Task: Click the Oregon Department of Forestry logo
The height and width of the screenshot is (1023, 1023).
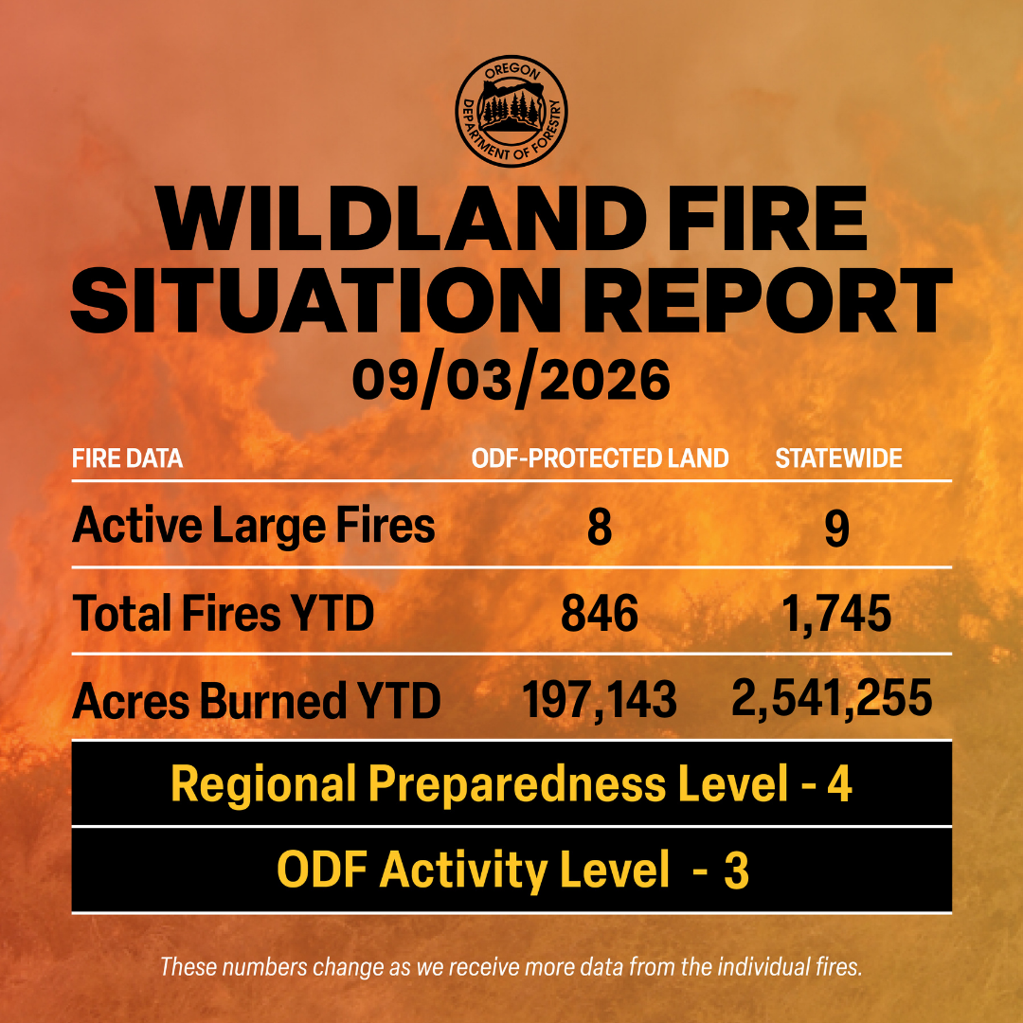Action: tap(511, 111)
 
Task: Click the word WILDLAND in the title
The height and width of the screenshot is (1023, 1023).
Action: tap(401, 219)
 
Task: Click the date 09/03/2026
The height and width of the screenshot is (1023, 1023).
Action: tap(511, 381)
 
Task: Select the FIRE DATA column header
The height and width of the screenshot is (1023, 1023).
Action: tap(127, 458)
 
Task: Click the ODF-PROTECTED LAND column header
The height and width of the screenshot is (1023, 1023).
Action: tap(600, 458)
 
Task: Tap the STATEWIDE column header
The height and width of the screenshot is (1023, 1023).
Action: tap(838, 458)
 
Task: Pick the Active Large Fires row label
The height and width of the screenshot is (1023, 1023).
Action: tap(254, 526)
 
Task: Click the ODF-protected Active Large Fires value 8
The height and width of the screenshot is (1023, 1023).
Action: tap(600, 528)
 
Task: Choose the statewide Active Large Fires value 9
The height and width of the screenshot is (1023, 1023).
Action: tap(837, 528)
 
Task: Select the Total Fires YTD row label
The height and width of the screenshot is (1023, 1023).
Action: tap(224, 613)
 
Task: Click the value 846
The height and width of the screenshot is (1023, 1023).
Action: tap(600, 614)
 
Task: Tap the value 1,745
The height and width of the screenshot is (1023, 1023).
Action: tap(837, 616)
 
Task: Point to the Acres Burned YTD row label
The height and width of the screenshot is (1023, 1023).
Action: tap(257, 701)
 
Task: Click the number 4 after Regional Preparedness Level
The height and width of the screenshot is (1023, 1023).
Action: tap(839, 783)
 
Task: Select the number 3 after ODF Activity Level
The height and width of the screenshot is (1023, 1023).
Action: tap(736, 870)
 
